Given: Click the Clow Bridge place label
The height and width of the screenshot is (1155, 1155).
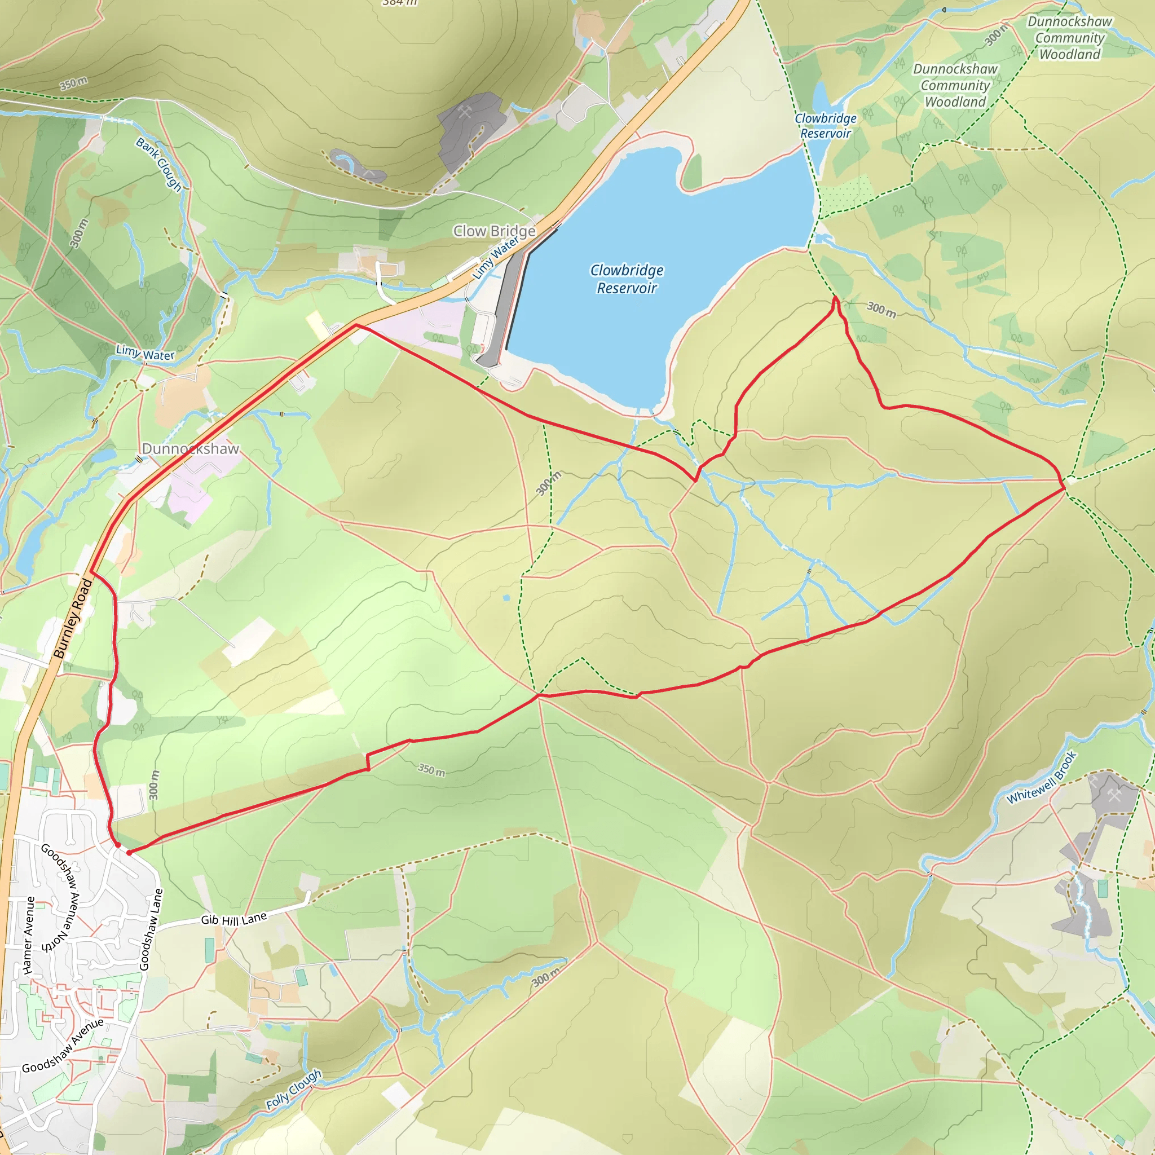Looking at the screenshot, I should coord(494,231).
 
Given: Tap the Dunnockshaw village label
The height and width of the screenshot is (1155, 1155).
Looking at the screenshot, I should coord(190,448).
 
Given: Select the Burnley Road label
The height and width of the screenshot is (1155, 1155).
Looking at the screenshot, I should coord(73,618).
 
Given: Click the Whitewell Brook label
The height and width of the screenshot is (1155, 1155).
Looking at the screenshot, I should coord(1041,777).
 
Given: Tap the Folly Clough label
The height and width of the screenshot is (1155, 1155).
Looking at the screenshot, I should coord(293,1089).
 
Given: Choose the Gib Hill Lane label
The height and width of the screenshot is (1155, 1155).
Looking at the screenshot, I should coord(233,918).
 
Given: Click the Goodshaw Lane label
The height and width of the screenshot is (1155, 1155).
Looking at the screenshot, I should coord(151,929).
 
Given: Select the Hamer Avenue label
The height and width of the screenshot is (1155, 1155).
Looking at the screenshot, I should coord(28,936).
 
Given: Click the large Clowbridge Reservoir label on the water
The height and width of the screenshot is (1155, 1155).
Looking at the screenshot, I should coord(627,279).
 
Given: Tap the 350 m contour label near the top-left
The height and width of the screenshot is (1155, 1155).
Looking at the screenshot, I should coord(73,83).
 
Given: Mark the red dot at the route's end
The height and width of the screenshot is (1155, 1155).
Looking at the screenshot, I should coord(129,853).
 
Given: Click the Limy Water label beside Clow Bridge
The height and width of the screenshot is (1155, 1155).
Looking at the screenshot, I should coord(496,258).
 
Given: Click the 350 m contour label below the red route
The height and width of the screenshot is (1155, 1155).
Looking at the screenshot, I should coord(431,769).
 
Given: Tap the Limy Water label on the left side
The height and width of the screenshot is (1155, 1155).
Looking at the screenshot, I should coord(146,352).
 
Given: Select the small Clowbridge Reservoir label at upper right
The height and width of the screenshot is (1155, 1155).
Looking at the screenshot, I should coord(825,126).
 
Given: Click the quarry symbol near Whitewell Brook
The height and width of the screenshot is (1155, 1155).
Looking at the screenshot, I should coord(1113,795).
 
